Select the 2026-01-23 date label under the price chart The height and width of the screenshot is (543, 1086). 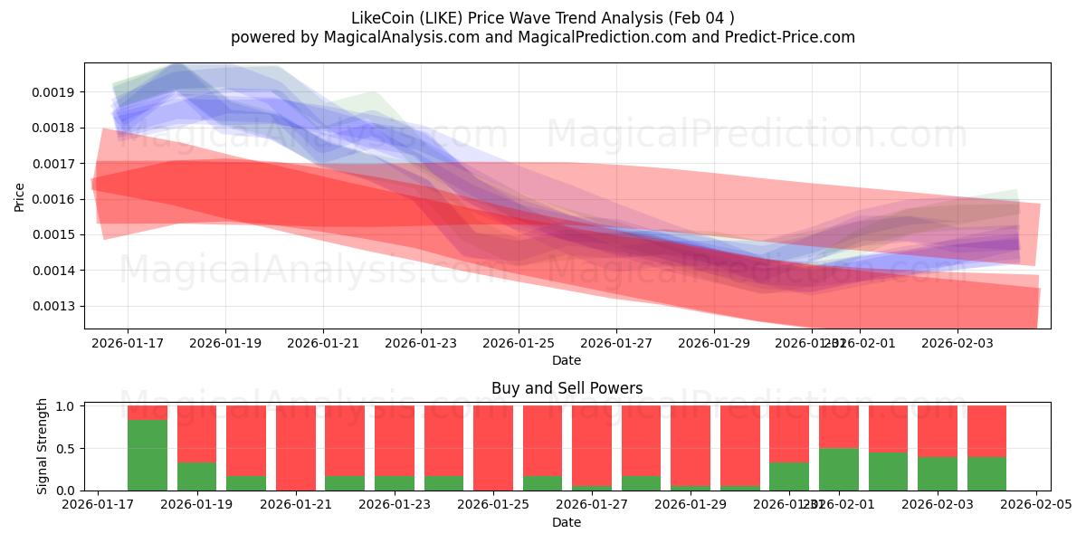tap(421, 343)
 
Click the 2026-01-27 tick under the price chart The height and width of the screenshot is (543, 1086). tap(616, 343)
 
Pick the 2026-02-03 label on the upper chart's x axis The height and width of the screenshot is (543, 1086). tap(957, 343)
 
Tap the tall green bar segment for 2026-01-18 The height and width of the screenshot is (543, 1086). tap(148, 455)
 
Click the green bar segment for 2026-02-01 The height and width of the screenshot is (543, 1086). tap(838, 469)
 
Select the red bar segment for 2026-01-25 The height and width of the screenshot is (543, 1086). tap(493, 447)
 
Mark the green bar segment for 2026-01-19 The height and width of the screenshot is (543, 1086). tap(196, 477)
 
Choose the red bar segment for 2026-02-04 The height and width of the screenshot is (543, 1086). tap(986, 431)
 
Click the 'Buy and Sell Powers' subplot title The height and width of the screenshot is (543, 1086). tap(567, 388)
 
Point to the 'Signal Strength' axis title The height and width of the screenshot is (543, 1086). tap(43, 447)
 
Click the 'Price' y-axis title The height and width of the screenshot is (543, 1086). tap(20, 195)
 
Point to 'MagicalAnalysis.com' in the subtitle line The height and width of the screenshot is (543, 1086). tap(388, 37)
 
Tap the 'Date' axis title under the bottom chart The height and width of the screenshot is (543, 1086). tap(567, 522)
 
